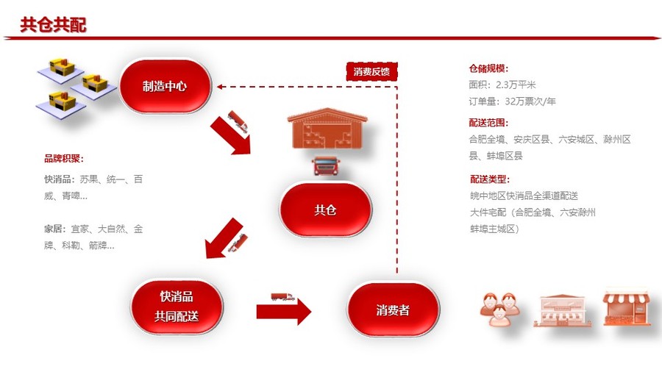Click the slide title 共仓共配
pyautogui.click(x=53, y=24)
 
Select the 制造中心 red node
pyautogui.click(x=165, y=86)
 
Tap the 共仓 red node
pyautogui.click(x=325, y=210)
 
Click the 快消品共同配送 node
pyautogui.click(x=177, y=307)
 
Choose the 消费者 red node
pyautogui.click(x=393, y=310)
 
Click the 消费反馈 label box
pyautogui.click(x=371, y=71)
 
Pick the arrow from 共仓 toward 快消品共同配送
pyautogui.click(x=224, y=239)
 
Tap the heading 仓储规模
pyautogui.click(x=488, y=68)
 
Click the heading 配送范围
pyautogui.click(x=488, y=123)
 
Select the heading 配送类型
pyautogui.click(x=488, y=179)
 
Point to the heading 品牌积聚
pyautogui.click(x=64, y=158)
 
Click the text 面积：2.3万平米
pyautogui.click(x=502, y=85)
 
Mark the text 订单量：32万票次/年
pyautogui.click(x=512, y=101)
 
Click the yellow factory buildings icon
pyautogui.click(x=76, y=86)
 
